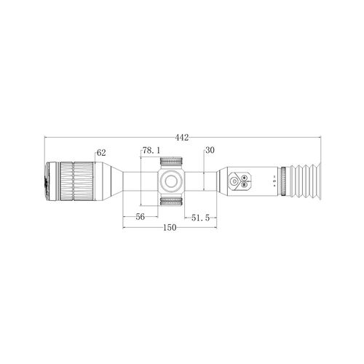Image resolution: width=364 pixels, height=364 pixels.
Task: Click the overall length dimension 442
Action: (182, 138)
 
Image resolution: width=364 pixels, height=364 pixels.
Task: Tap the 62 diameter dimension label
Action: (101, 153)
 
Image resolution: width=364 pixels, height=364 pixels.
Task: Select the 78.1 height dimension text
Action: (151, 150)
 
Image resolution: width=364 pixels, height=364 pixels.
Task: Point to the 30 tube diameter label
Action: (210, 150)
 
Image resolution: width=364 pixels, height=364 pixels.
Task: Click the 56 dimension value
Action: (141, 217)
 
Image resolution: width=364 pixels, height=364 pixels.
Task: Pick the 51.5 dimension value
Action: (200, 218)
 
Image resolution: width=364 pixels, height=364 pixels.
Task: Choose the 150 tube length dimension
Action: (170, 228)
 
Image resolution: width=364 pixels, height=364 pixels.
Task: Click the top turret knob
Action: (171, 161)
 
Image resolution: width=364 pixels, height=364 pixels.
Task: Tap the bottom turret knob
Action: (171, 201)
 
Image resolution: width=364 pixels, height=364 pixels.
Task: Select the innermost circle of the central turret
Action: (171, 181)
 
